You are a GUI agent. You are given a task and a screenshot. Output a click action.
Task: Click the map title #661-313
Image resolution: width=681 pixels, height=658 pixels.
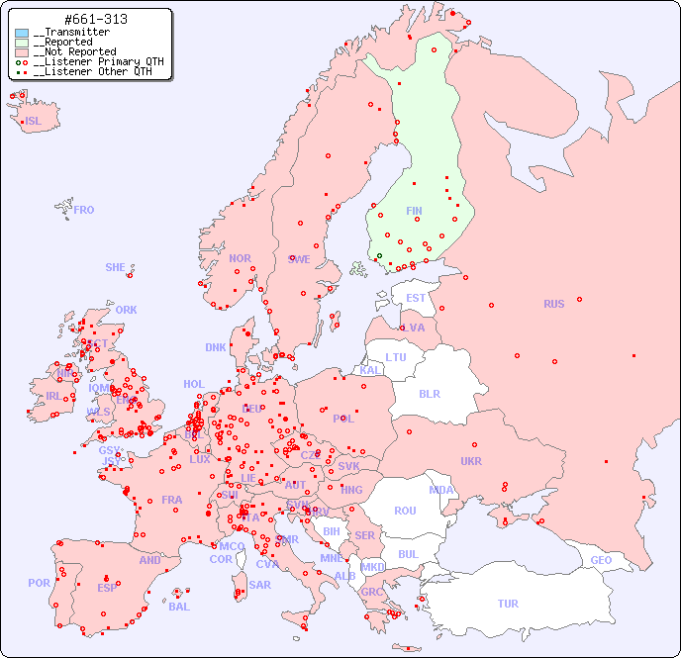click(95, 20)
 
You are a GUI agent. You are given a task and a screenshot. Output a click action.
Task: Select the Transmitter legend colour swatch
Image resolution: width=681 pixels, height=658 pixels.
click(22, 33)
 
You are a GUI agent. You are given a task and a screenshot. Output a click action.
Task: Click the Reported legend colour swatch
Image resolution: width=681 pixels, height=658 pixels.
click(22, 43)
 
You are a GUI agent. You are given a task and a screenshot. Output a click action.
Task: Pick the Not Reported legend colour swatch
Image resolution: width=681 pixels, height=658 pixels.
click(22, 52)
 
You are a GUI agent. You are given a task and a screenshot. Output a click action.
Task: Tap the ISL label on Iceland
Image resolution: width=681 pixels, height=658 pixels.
click(34, 122)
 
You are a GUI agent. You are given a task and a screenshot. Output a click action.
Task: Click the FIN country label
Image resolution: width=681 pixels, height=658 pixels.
click(414, 211)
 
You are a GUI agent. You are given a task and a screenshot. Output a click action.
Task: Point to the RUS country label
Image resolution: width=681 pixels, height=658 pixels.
click(553, 304)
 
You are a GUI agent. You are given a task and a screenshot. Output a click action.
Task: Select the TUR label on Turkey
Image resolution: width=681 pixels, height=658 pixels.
click(508, 604)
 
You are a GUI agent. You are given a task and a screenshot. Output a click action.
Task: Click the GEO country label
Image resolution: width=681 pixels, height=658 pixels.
click(601, 560)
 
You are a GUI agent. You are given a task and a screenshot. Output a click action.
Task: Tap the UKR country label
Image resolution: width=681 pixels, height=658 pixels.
click(471, 461)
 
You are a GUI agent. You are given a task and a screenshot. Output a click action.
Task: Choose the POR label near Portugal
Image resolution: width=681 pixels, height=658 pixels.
click(39, 583)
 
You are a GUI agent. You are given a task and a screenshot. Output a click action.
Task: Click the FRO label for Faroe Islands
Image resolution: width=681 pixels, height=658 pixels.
click(84, 210)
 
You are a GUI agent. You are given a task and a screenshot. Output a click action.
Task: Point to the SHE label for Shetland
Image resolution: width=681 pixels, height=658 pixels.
click(116, 267)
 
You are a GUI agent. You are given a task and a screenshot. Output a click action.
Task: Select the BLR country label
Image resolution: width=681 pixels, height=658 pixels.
click(430, 393)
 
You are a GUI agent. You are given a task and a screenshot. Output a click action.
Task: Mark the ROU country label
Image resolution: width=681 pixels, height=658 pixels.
click(405, 511)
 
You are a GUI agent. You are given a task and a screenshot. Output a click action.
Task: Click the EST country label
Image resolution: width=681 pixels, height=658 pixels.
click(416, 298)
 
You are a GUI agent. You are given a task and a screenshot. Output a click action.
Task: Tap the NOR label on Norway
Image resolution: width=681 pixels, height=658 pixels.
click(240, 258)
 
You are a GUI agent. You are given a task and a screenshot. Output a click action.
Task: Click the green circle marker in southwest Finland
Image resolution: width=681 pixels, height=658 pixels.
click(379, 256)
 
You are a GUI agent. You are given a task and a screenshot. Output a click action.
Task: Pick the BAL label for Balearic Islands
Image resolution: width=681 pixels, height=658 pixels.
click(179, 607)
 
